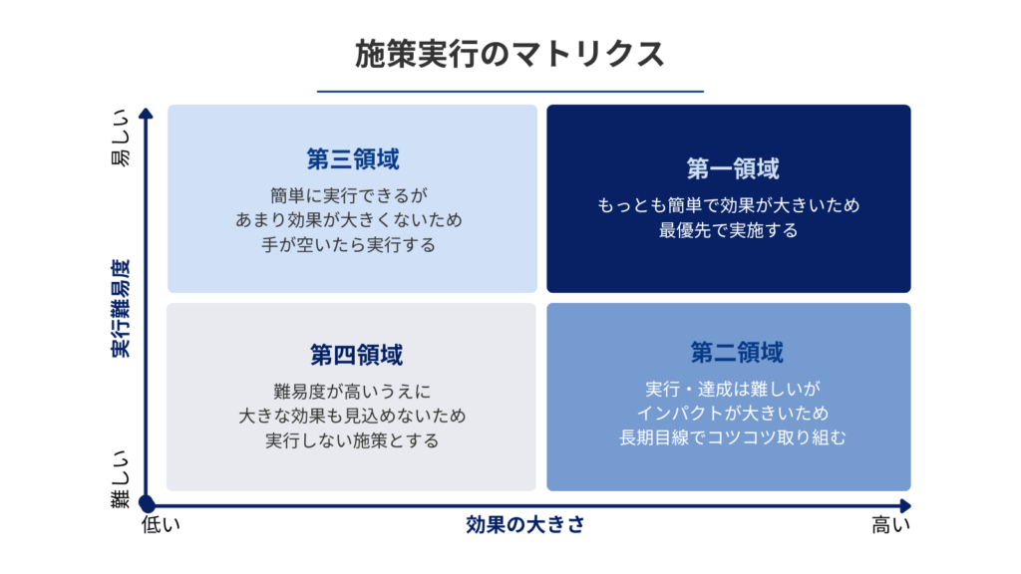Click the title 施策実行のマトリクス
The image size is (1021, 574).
(x=510, y=54)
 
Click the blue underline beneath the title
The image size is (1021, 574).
(x=510, y=91)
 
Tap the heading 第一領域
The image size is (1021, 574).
(x=733, y=168)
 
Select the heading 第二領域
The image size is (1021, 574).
(x=737, y=352)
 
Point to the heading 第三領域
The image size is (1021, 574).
(x=353, y=158)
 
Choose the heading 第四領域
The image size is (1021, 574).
(x=356, y=355)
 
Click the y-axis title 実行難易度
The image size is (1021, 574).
(x=121, y=309)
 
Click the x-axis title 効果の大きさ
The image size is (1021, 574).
(x=524, y=524)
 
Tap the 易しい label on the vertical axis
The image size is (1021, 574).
(x=121, y=139)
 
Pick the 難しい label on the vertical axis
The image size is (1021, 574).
(x=121, y=479)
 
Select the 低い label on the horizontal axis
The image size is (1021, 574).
(x=161, y=524)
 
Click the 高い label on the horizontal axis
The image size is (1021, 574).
(x=890, y=524)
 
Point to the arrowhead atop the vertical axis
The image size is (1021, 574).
(x=146, y=114)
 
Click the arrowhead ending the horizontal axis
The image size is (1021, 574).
(x=905, y=505)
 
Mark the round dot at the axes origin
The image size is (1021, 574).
(x=147, y=504)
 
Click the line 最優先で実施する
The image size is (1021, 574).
(x=728, y=230)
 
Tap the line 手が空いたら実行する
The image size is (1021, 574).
(x=348, y=245)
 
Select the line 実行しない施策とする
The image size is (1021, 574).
(x=352, y=440)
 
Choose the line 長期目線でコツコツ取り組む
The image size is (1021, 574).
(x=733, y=437)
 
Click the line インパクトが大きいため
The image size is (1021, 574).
(x=733, y=413)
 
